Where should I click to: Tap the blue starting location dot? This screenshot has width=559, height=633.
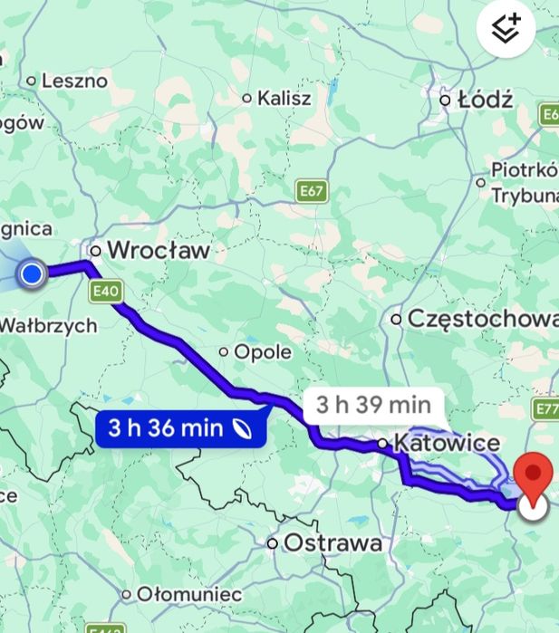[32, 273]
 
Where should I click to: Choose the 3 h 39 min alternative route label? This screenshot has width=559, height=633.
[372, 405]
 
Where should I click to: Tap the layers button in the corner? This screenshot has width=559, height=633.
[506, 29]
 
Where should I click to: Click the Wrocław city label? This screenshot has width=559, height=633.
[158, 250]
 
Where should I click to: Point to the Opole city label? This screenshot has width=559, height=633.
[263, 351]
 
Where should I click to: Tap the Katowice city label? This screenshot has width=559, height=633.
[448, 443]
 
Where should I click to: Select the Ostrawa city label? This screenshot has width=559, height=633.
[333, 543]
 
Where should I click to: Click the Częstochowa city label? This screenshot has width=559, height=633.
[482, 319]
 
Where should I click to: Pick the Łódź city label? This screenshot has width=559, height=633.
[485, 100]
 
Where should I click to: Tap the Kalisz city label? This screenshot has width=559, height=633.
[284, 98]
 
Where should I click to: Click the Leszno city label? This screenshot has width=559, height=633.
[74, 81]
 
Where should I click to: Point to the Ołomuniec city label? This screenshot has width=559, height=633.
[189, 595]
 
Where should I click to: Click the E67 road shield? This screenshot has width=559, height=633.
[312, 191]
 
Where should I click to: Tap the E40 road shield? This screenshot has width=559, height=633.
[104, 292]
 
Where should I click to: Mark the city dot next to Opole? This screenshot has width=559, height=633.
[224, 351]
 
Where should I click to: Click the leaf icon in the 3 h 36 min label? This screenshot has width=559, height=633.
[242, 427]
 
